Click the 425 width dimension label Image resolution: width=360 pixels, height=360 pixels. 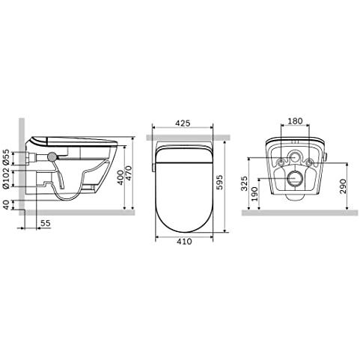183,123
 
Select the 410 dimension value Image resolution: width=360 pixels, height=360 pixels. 184,241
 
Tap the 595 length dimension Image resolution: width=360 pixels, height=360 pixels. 220,183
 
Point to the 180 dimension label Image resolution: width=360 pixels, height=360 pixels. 295,121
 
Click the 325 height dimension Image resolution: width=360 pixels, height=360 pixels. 245,183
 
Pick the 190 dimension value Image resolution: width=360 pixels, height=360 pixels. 254,194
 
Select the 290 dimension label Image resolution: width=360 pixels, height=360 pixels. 343,186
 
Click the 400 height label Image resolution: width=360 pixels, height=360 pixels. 120,177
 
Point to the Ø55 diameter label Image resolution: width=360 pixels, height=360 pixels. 6,157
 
